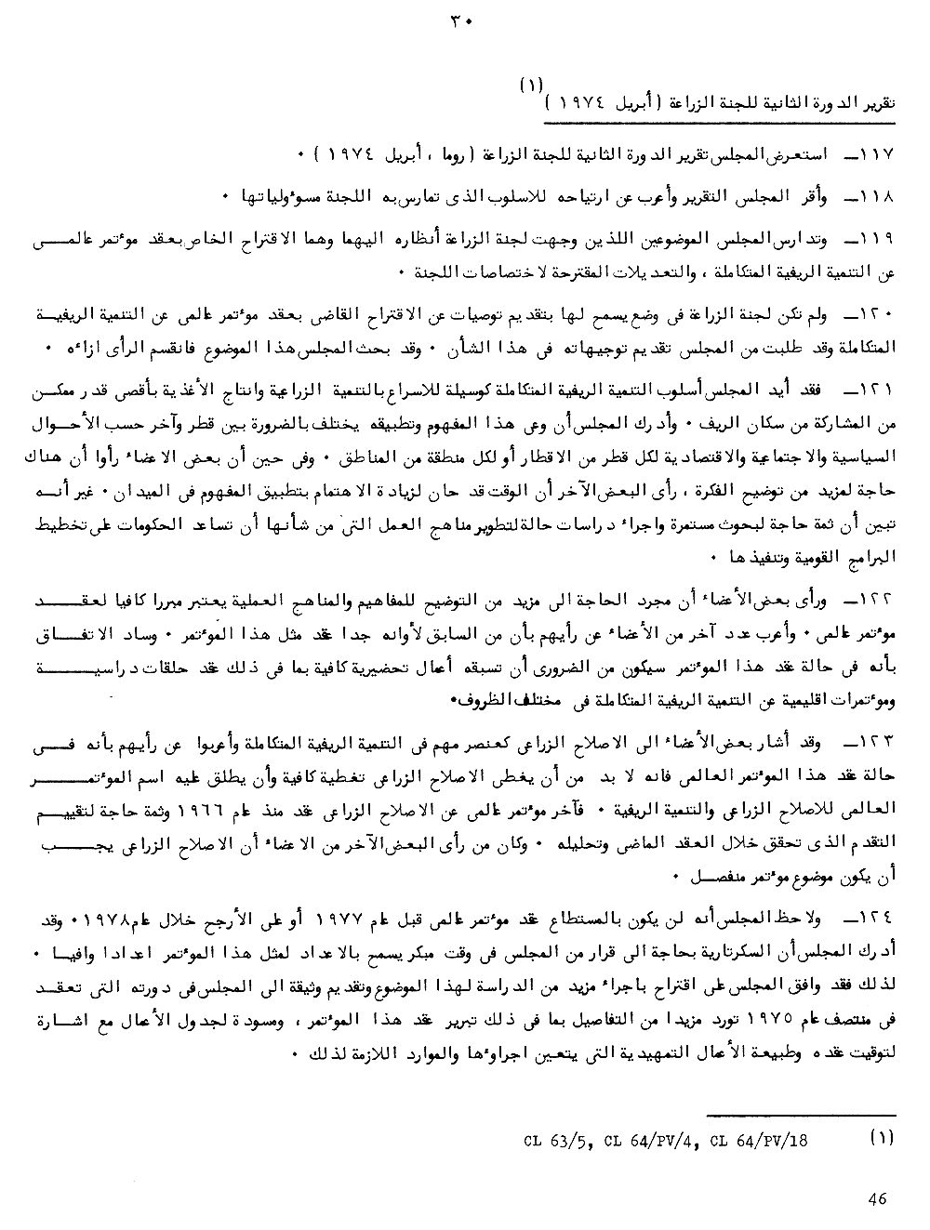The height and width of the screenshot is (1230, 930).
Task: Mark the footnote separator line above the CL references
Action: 801,1114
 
